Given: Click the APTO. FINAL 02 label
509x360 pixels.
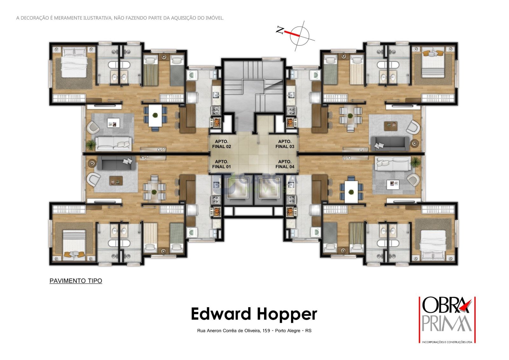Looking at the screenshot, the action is pyautogui.click(x=221, y=144).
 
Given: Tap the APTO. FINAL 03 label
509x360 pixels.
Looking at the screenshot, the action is pyautogui.click(x=285, y=144).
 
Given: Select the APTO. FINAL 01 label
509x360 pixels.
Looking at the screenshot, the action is pyautogui.click(x=221, y=164).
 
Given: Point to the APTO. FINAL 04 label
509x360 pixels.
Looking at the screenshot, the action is pyautogui.click(x=285, y=164).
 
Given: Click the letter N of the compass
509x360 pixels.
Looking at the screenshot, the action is pyautogui.click(x=280, y=30).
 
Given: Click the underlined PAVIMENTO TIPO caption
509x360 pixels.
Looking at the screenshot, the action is pyautogui.click(x=76, y=281).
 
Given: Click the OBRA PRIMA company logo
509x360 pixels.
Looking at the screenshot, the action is pyautogui.click(x=447, y=320).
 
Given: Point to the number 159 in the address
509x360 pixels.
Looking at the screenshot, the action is pyautogui.click(x=266, y=331).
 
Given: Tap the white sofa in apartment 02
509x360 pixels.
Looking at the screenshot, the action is pyautogui.click(x=113, y=144).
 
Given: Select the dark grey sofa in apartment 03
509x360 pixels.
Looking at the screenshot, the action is pyautogui.click(x=390, y=144).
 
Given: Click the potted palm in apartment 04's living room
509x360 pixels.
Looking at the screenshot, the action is pyautogui.click(x=415, y=162).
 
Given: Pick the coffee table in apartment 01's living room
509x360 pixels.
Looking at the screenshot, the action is pyautogui.click(x=116, y=181).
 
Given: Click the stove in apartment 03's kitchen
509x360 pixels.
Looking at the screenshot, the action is pyautogui.click(x=291, y=111).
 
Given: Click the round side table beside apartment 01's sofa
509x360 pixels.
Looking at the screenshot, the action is pyautogui.click(x=92, y=163).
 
